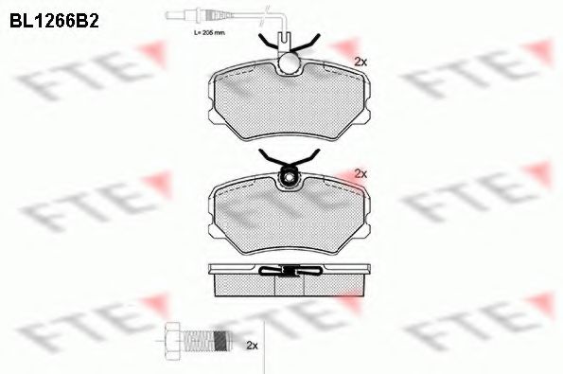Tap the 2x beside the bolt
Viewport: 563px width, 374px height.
point(251,345)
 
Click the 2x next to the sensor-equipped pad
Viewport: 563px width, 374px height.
point(360,62)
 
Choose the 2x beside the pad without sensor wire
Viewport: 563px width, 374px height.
point(360,174)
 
